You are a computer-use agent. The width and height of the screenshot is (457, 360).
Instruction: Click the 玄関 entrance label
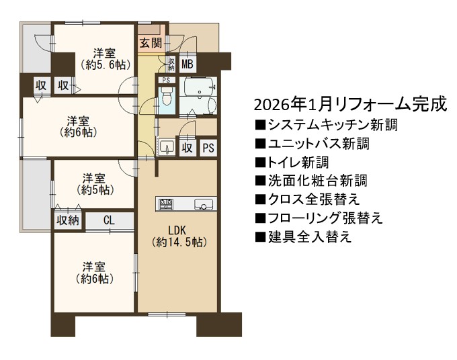(x=151, y=43)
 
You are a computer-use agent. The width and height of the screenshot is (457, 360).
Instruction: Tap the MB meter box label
(x=188, y=64)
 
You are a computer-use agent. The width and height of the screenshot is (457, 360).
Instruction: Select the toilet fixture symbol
(x=167, y=97)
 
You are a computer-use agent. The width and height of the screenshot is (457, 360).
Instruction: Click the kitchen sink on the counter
(x=203, y=204)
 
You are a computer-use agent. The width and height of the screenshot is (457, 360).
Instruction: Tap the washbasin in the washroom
(x=167, y=147)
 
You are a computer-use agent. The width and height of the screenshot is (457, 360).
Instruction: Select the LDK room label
(x=177, y=230)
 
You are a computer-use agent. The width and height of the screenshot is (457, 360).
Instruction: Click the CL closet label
(x=109, y=220)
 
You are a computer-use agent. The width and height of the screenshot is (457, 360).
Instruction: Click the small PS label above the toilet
(x=166, y=80)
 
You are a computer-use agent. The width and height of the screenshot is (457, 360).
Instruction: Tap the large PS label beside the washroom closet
(x=208, y=148)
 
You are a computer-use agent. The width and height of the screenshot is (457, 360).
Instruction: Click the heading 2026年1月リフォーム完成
(x=350, y=105)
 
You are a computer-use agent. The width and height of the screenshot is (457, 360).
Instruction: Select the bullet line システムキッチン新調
(x=327, y=125)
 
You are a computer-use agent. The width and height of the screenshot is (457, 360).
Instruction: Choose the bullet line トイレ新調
(x=292, y=163)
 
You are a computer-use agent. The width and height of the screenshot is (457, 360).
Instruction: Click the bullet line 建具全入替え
(x=303, y=237)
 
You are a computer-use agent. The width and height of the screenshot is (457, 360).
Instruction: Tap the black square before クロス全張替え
(x=259, y=199)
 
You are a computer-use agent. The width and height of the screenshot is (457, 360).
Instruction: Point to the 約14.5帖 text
(x=179, y=242)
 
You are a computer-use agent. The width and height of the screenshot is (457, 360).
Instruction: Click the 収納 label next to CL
(x=68, y=220)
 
